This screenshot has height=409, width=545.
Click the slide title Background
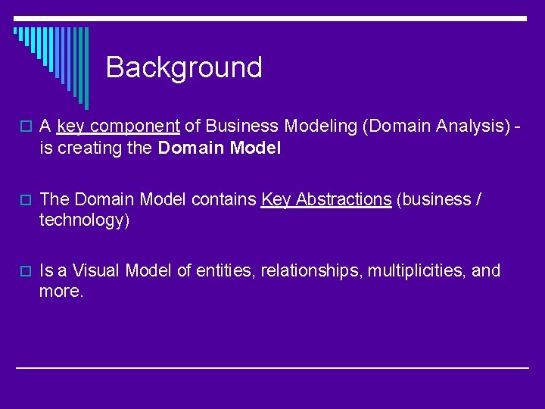(x=184, y=67)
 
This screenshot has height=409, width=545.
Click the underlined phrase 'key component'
(x=117, y=126)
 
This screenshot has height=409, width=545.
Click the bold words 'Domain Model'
(x=220, y=148)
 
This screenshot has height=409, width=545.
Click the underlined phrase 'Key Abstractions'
(x=326, y=200)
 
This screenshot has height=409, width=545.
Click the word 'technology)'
(x=85, y=220)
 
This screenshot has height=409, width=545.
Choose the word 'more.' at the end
(x=61, y=292)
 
